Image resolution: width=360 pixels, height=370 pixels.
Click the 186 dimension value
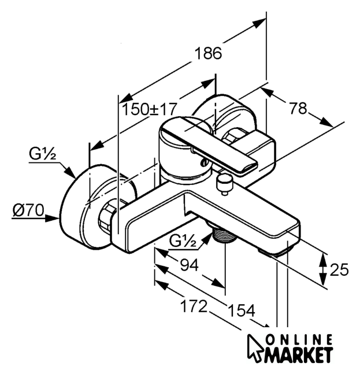click(209, 54)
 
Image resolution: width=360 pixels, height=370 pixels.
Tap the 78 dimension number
click(298, 109)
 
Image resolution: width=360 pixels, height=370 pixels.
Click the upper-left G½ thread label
click(42, 154)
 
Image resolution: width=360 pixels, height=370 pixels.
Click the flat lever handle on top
click(214, 145)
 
